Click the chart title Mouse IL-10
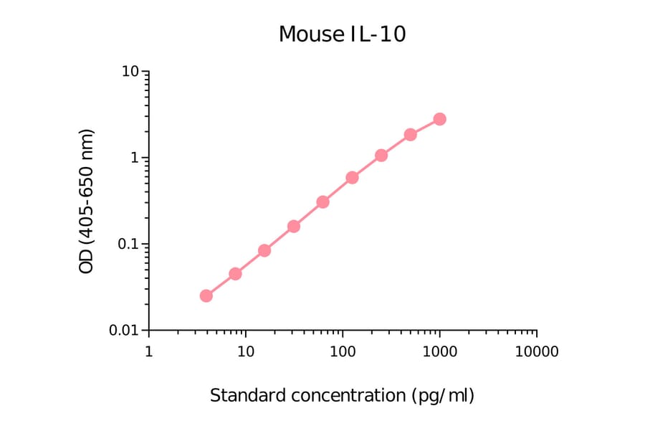coord(342,34)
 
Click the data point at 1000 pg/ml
coord(439,119)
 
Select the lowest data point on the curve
coord(206,295)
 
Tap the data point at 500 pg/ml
coord(410,135)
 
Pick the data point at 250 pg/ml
coord(381,156)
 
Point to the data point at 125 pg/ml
coord(352,177)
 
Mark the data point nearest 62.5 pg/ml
coord(322,202)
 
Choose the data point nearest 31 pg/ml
coord(294,227)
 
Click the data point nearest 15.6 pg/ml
coord(264,250)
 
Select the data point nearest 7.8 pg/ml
coord(235,274)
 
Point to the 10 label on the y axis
coord(130,72)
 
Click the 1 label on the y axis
coord(135,158)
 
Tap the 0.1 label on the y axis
coord(127,244)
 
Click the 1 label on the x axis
coord(148,351)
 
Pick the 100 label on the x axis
coord(343,351)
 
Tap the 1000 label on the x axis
coord(439,351)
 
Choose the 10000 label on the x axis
coord(536,351)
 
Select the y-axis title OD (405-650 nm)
coord(86,202)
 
